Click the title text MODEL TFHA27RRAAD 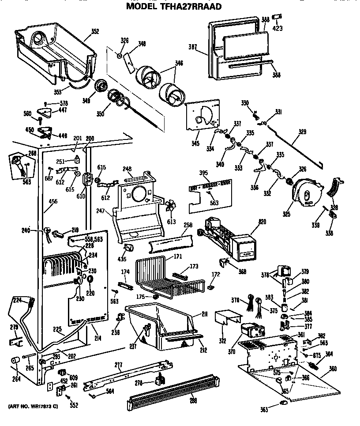point(174,6)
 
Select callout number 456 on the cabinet point(53,201)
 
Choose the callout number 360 point(333,369)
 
